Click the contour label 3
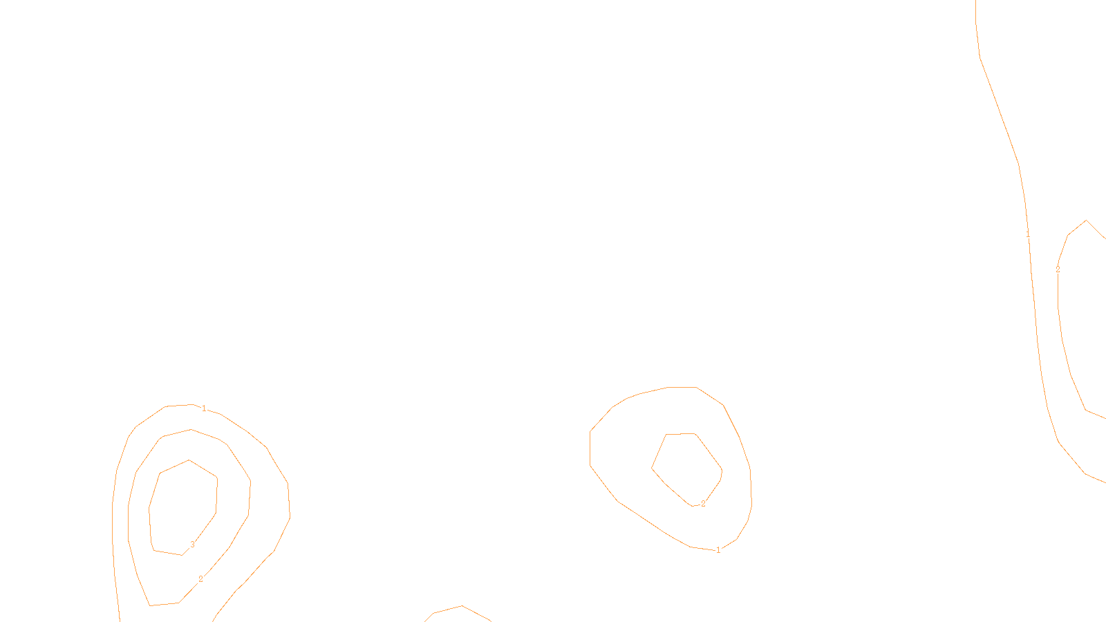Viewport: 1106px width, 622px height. (x=192, y=545)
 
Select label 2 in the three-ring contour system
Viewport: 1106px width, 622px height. (x=200, y=579)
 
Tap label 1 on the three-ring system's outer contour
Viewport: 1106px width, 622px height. (x=204, y=408)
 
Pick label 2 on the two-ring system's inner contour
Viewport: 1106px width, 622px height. (x=703, y=504)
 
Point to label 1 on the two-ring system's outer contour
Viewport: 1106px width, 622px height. (x=718, y=550)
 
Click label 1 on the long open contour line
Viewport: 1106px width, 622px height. (x=1028, y=236)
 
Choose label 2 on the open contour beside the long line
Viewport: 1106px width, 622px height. (x=1058, y=270)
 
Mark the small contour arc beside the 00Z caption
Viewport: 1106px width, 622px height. (x=460, y=608)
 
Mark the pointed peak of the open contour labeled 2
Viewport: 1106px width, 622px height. (x=1087, y=220)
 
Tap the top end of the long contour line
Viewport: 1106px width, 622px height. (x=975, y=2)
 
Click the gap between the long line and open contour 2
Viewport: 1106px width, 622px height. (x=1045, y=311)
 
